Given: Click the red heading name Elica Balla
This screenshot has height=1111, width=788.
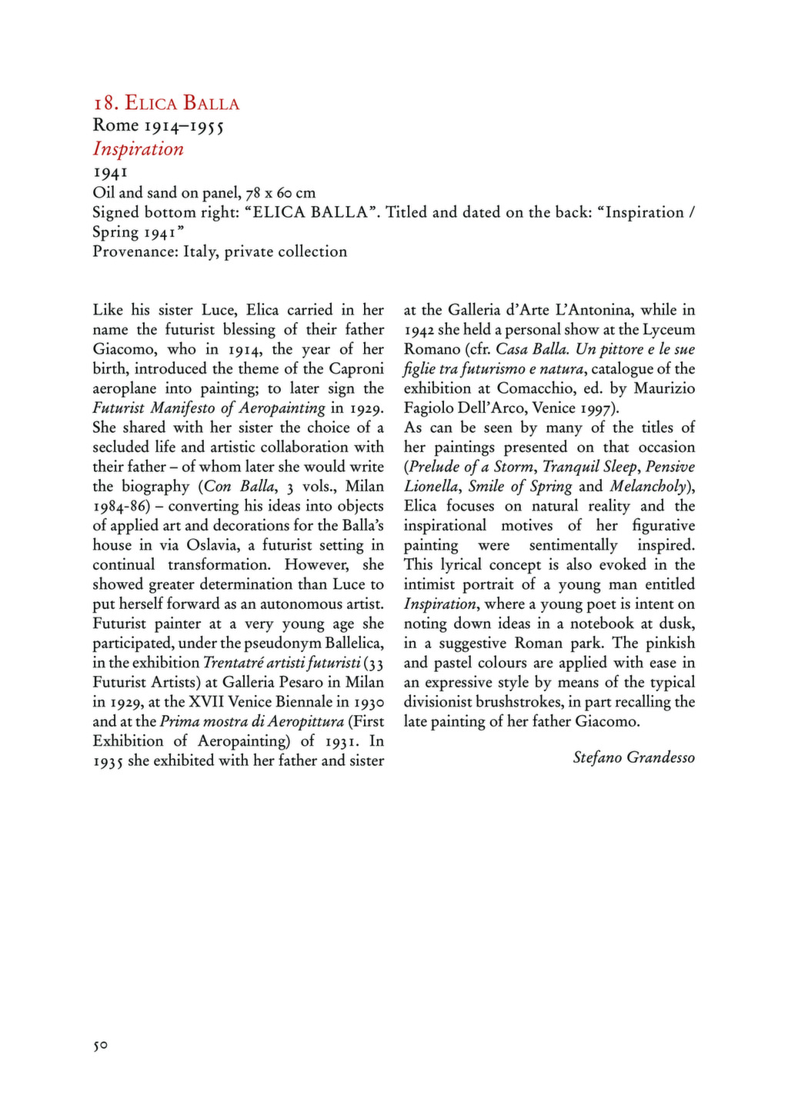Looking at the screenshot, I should pyautogui.click(x=182, y=103).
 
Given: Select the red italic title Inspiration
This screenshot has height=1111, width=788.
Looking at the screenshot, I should pyautogui.click(x=139, y=149).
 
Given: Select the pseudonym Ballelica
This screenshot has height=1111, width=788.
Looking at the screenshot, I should pyautogui.click(x=346, y=643).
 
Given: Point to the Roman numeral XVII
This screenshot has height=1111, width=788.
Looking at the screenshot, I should pyautogui.click(x=206, y=702).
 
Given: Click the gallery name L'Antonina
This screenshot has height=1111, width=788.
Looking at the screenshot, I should pyautogui.click(x=587, y=311).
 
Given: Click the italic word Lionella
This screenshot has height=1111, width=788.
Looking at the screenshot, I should pyautogui.click(x=433, y=487).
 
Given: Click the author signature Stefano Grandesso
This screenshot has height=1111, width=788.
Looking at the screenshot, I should pyautogui.click(x=633, y=758).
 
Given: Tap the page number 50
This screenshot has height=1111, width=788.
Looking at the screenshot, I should pyautogui.click(x=100, y=1046).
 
